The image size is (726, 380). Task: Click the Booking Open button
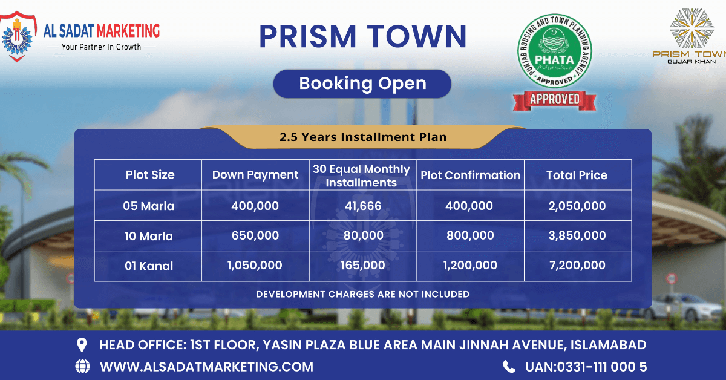point(362,84)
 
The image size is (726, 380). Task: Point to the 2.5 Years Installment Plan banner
point(362,137)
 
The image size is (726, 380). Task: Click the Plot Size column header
point(149,175)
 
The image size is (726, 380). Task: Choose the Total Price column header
point(577,175)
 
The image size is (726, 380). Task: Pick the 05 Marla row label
point(149,206)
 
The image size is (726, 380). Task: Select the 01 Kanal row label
point(149,266)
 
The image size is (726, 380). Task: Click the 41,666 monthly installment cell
point(362,206)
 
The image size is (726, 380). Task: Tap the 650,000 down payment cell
point(255,236)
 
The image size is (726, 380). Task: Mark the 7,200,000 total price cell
point(577,266)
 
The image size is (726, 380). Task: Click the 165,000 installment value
point(362,266)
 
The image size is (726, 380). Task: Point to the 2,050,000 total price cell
point(577,206)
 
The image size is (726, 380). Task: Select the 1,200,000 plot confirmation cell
point(469,266)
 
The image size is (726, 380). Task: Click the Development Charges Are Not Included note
point(362,294)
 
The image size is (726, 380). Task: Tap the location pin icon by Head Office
point(82,345)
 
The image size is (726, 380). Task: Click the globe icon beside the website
point(82,366)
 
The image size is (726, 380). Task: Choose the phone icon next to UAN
point(509,366)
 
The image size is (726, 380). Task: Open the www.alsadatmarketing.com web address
point(206,366)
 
